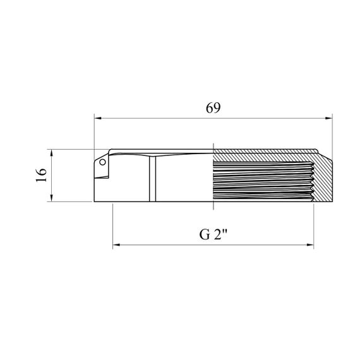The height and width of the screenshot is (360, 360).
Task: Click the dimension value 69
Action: tap(213, 108)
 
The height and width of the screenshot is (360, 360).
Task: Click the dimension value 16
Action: tap(41, 175)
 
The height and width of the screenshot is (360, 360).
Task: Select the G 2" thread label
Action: tap(213, 235)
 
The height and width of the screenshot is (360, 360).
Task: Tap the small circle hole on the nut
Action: tap(102, 162)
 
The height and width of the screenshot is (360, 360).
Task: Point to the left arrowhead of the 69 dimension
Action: tap(98, 118)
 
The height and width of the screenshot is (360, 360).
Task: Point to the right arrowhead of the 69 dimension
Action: tap(329, 118)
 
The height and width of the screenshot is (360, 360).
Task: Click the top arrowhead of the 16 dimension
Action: tap(51, 153)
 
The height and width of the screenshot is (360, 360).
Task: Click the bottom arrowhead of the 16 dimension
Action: tap(51, 198)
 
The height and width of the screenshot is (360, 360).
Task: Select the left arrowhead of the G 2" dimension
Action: tap(116, 245)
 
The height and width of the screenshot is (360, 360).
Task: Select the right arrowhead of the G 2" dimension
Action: tap(310, 245)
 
